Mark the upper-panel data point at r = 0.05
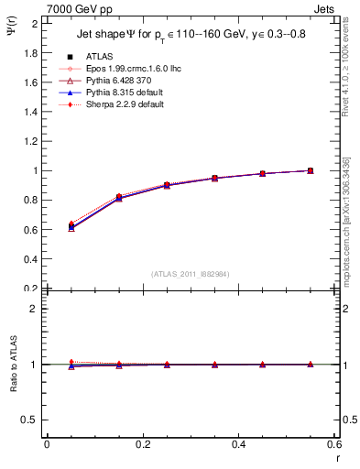71,225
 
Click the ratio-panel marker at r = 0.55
311,365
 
